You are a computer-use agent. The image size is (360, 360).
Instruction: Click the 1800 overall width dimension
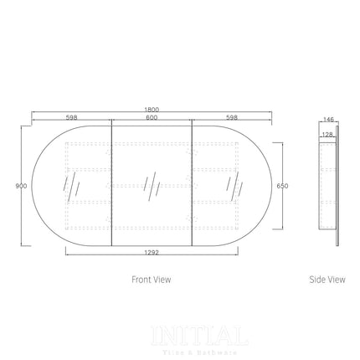point(152,110)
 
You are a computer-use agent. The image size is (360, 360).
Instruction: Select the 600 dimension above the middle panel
point(152,118)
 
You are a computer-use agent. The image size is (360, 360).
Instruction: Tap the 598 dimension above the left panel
point(71,118)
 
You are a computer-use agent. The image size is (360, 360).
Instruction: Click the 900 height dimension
point(19,187)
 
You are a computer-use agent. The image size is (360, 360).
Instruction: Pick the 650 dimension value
point(282,186)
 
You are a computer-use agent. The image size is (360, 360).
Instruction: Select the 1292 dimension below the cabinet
point(152,251)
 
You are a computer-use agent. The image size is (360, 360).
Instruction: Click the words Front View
point(152,280)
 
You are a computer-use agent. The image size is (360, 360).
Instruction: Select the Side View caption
point(327,280)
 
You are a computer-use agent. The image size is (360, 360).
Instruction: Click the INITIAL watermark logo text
point(198,337)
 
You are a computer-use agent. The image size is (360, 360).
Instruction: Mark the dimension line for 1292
point(152,245)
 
